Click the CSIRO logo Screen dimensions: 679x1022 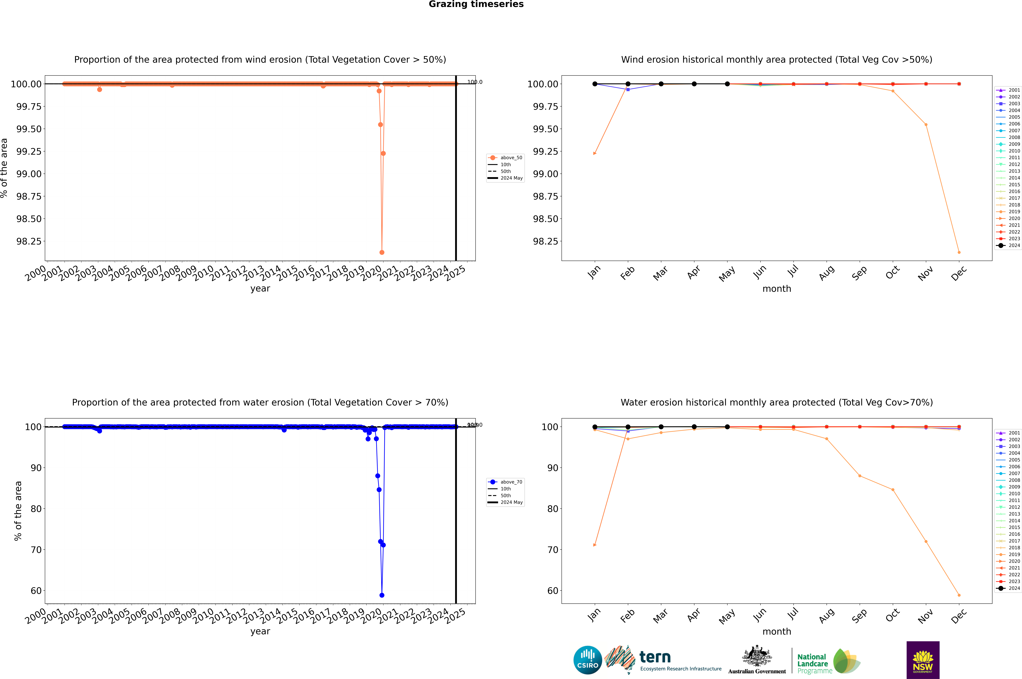click(587, 660)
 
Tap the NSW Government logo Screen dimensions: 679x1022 click(923, 660)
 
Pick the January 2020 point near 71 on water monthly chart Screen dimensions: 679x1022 click(595, 545)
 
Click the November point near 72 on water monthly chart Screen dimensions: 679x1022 click(926, 541)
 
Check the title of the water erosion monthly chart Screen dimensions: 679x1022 click(776, 402)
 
